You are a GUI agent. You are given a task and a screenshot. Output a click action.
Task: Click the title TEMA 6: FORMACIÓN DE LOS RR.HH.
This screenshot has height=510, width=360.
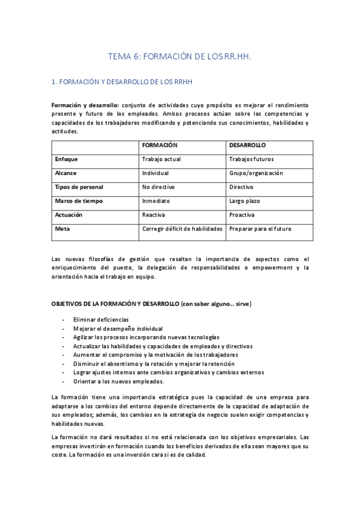point(179,57)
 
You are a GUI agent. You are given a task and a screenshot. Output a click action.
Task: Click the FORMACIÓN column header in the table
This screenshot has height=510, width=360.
point(159,146)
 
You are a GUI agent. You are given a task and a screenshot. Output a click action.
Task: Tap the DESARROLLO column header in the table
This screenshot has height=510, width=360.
point(248,146)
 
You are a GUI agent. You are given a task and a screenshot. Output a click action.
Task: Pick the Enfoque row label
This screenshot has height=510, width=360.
point(66,159)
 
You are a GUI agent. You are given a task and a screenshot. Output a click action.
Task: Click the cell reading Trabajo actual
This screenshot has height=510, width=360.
point(161,159)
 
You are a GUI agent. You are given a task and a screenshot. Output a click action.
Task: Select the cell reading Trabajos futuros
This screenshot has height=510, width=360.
point(252,159)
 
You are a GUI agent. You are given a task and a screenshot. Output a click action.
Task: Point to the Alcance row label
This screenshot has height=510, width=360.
point(66,173)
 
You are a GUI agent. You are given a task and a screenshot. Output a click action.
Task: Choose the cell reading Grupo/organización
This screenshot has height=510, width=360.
point(256,173)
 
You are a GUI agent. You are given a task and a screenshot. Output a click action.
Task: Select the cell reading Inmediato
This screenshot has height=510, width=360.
point(156,201)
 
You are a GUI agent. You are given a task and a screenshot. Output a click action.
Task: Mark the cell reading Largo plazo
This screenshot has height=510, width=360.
point(245,201)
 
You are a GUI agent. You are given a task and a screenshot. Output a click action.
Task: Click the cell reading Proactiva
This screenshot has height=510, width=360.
point(242,215)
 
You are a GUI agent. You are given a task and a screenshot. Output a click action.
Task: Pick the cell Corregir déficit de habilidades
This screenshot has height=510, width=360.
point(182,229)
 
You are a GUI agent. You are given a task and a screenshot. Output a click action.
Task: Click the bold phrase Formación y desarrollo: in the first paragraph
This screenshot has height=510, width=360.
point(85,105)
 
